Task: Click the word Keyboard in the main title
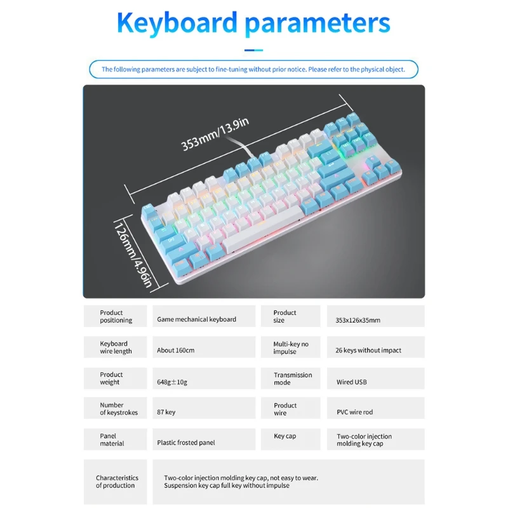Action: point(177,23)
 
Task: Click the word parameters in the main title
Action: point(317,23)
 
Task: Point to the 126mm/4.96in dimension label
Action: point(133,253)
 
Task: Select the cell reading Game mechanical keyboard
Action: point(197,319)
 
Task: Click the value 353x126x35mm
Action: point(358,320)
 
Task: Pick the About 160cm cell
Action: point(176,351)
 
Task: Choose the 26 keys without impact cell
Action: point(368,351)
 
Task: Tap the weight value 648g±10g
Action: point(173,382)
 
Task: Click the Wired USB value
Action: point(352,382)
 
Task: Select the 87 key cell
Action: point(166,412)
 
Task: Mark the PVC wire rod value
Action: point(355,412)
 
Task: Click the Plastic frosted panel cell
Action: point(186,443)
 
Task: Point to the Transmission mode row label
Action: point(293,378)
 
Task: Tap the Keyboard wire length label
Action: point(114,347)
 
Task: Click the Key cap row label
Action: point(285,436)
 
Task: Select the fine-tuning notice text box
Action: point(253,69)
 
